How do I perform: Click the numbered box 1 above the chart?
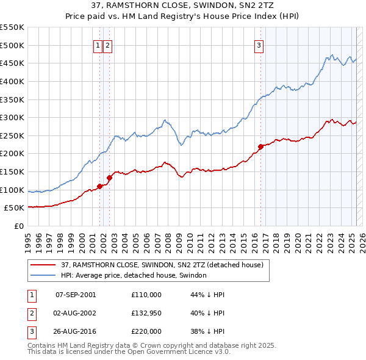click(98, 45)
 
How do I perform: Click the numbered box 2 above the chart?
click(107, 45)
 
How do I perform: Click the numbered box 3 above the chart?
click(259, 45)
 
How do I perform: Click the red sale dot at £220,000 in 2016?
click(260, 146)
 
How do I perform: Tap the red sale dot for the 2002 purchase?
click(109, 178)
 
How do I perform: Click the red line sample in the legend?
click(43, 265)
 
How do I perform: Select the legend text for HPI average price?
click(134, 275)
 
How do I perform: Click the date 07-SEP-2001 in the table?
click(76, 295)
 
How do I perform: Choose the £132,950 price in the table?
click(146, 313)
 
